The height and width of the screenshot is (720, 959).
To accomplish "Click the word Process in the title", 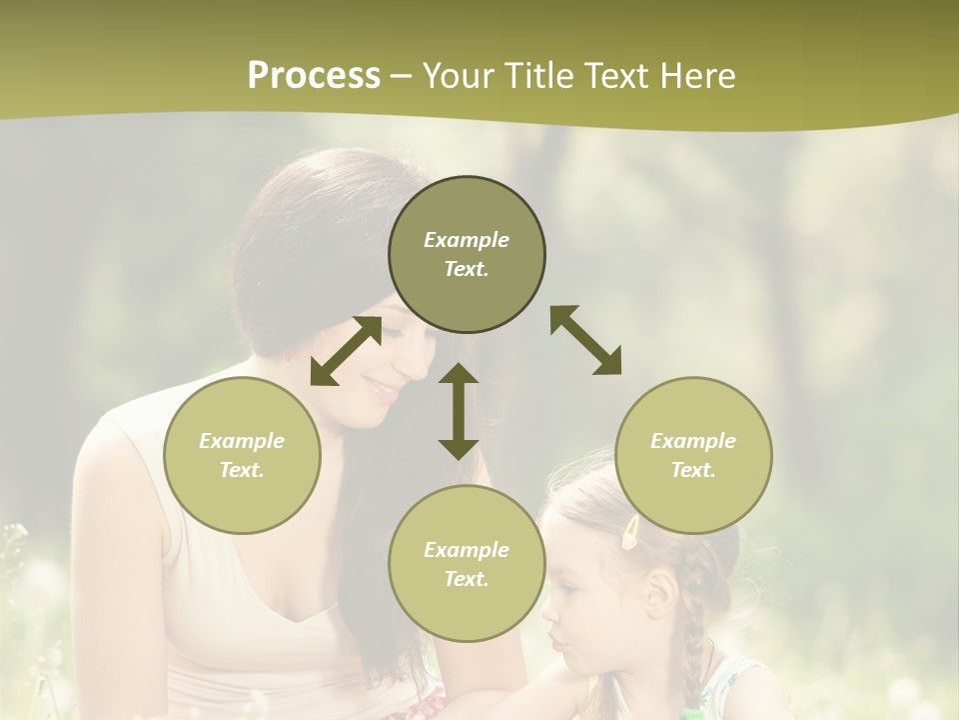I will tap(314, 76).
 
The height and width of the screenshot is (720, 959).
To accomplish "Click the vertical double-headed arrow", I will tap(459, 411).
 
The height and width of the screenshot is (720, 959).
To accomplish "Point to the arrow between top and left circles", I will tap(346, 351).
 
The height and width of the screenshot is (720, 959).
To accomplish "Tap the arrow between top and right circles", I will tap(585, 340).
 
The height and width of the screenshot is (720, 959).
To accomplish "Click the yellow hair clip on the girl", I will tap(632, 532).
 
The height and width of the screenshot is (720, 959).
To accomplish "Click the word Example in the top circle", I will tap(467, 240).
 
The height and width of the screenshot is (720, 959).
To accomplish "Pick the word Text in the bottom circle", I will tap(465, 579).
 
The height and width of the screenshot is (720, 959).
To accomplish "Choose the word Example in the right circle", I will tap(693, 441).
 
